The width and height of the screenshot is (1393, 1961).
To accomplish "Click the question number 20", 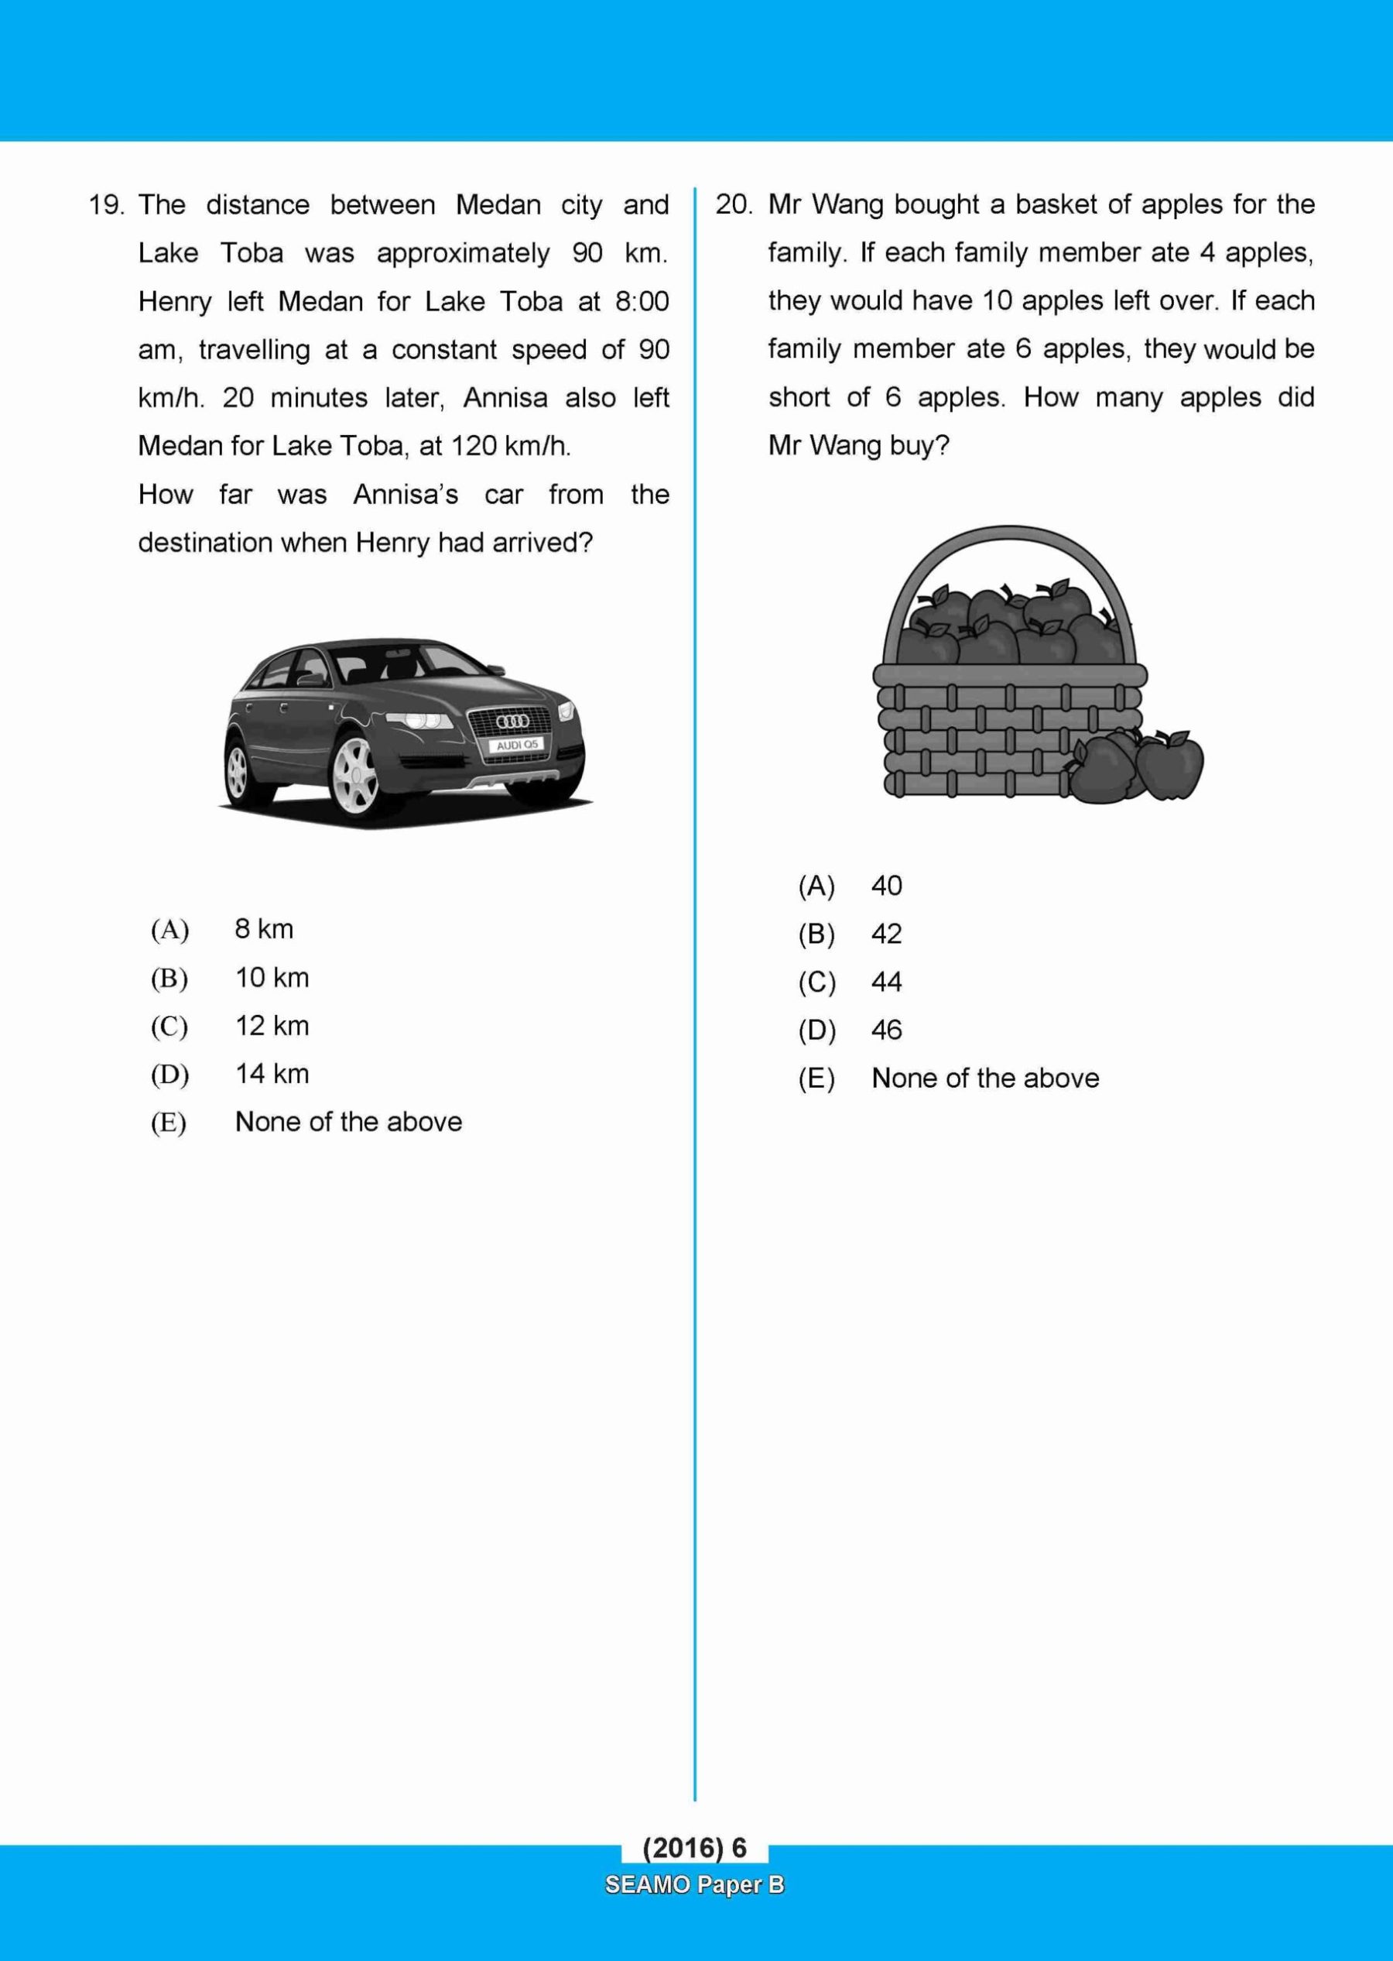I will pyautogui.click(x=734, y=205).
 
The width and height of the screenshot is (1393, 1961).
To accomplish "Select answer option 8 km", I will pyautogui.click(x=263, y=929).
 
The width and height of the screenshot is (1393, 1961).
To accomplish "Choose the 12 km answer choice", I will pyautogui.click(x=271, y=1026).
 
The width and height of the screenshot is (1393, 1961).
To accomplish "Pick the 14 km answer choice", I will pyautogui.click(x=271, y=1074).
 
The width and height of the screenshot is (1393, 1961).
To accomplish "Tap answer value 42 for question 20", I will pyautogui.click(x=886, y=934).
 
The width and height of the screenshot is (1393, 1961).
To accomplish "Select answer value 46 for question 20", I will pyautogui.click(x=886, y=1030).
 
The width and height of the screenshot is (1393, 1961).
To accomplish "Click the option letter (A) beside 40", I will pyautogui.click(x=816, y=886).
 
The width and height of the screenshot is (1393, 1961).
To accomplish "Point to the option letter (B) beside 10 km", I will pyautogui.click(x=169, y=979).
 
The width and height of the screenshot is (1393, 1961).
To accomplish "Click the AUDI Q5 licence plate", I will pyautogui.click(x=516, y=746).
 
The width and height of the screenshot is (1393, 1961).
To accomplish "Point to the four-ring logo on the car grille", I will pyautogui.click(x=513, y=722).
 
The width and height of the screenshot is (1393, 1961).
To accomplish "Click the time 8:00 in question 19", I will pyautogui.click(x=642, y=302).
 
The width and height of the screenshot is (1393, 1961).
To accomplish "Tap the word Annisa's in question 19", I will pyautogui.click(x=405, y=495).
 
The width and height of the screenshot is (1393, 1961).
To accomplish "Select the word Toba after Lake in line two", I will pyautogui.click(x=252, y=254).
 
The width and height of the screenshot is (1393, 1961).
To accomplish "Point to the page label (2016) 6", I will pyautogui.click(x=694, y=1848).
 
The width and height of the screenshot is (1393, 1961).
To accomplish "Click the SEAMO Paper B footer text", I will pyautogui.click(x=694, y=1884).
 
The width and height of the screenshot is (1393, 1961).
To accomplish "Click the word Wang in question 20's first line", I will pyautogui.click(x=845, y=205).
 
